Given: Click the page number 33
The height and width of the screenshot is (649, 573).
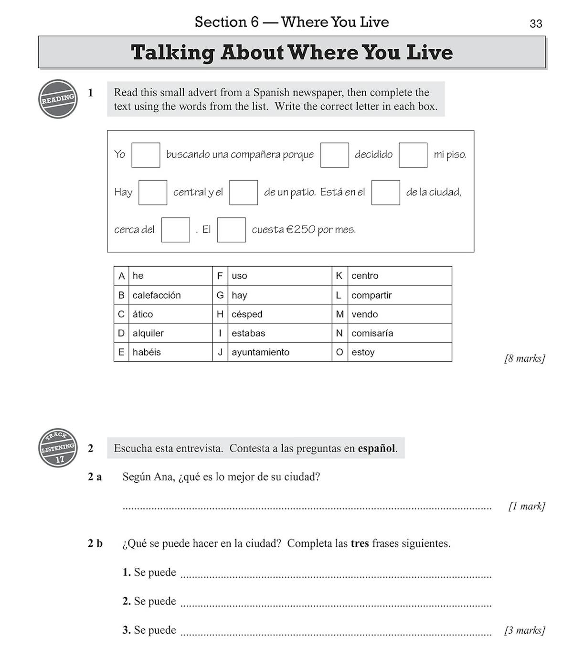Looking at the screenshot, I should click(536, 23).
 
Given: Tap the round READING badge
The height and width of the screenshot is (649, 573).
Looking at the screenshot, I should click(58, 99).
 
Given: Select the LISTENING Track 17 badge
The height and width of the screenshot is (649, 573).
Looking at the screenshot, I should click(58, 448).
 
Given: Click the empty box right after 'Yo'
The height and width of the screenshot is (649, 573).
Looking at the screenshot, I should click(146, 155).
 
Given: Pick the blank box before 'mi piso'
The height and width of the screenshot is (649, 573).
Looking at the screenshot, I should click(413, 155).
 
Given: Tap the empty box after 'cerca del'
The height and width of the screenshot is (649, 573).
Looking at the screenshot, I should click(175, 230).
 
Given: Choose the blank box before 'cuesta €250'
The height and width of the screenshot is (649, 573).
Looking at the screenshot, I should click(232, 230).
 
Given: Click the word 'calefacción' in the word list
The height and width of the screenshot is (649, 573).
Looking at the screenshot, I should click(157, 295).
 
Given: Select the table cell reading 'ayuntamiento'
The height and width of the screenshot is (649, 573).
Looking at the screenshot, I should click(260, 352).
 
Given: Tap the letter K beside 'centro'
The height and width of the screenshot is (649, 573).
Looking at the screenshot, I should click(339, 276).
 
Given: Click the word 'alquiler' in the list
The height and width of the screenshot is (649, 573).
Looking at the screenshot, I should click(148, 333).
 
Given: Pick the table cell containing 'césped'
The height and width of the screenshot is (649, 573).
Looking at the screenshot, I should click(247, 314).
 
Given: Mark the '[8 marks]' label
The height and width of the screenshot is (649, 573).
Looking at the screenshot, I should click(524, 358).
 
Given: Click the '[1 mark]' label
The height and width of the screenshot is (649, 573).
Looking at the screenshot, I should click(526, 506).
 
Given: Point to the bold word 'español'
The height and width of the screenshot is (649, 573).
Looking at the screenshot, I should click(377, 449).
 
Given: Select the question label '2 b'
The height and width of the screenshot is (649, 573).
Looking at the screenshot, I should click(95, 543).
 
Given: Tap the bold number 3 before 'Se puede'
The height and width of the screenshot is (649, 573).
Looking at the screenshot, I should click(126, 630).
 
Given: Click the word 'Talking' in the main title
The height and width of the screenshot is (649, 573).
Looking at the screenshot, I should click(172, 53).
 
